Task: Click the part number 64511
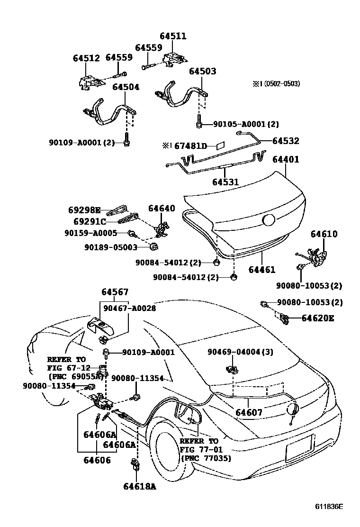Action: coord(173,36)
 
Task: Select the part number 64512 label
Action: coord(86,59)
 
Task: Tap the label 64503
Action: coord(202,72)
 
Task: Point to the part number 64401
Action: coord(285,160)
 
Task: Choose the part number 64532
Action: coord(285,141)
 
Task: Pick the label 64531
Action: coord(225,182)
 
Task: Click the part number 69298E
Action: coord(83,210)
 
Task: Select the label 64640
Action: coord(162,209)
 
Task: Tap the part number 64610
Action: coord(324,234)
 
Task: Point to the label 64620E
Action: coord(317,318)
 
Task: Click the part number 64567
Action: coord(115,292)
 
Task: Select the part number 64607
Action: coord(249,412)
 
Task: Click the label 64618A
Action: coord(139,486)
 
